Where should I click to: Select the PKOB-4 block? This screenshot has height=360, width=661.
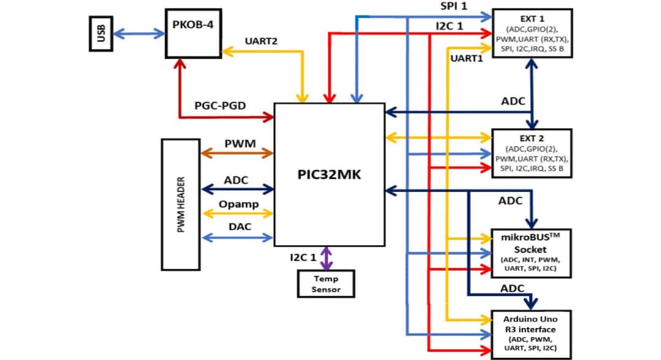tap(193, 33)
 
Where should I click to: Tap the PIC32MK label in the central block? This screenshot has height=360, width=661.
tap(329, 174)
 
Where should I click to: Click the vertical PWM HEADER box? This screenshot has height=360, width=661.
tap(181, 204)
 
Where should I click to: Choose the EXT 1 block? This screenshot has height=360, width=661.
tap(532, 34)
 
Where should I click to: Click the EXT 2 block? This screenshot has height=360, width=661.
tap(532, 153)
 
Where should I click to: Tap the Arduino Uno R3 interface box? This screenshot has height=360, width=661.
tap(532, 334)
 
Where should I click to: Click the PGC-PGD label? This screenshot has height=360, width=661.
tap(221, 106)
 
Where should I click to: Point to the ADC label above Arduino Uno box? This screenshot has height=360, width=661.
tap(511, 288)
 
